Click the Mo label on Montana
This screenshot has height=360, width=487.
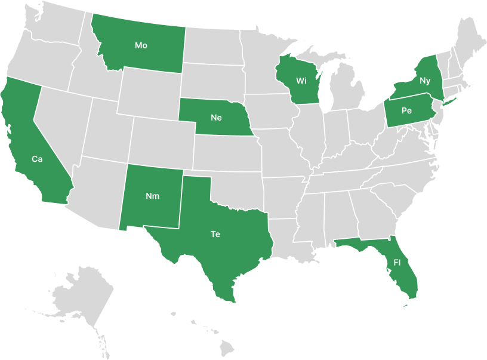(141, 45)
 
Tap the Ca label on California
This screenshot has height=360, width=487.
(37, 159)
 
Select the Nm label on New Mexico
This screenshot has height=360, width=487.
(152, 196)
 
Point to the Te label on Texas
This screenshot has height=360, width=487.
(215, 234)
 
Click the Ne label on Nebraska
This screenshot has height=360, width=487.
(216, 118)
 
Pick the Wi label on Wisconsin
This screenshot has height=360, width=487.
(301, 81)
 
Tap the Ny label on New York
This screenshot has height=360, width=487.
(425, 80)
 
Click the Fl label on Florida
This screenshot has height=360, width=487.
(397, 263)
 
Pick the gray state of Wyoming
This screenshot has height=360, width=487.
(149, 96)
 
